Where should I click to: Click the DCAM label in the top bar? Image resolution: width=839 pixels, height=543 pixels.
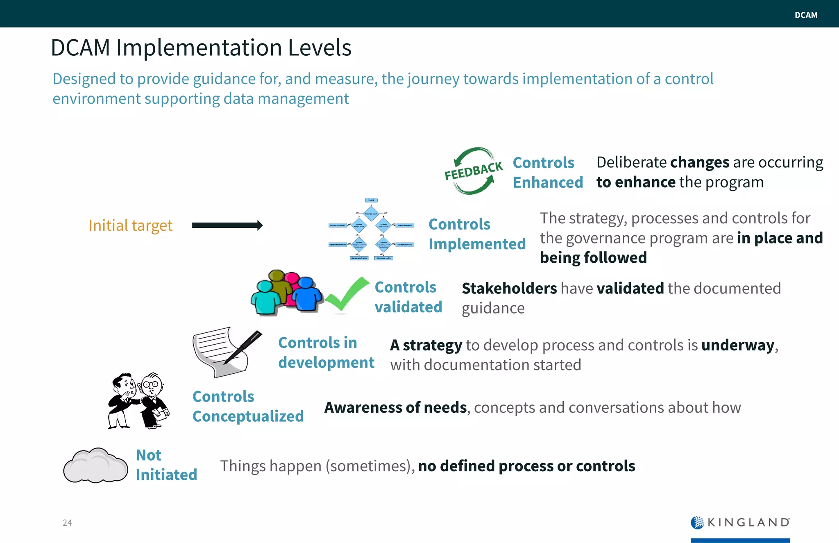805,15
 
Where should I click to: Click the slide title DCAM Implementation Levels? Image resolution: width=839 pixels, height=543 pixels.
201,48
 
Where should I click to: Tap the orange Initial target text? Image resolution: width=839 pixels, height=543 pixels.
130,225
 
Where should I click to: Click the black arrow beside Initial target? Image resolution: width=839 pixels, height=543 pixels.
227,225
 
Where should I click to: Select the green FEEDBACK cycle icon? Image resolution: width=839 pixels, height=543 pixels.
474,171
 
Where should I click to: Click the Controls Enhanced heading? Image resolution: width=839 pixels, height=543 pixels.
547,173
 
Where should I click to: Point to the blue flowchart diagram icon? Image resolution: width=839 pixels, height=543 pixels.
371,230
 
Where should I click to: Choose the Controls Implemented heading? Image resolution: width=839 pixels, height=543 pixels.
477,234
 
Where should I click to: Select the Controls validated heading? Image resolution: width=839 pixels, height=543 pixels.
408,297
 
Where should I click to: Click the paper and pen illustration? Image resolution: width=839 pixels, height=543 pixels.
226,352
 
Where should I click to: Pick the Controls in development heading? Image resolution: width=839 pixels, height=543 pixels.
326,352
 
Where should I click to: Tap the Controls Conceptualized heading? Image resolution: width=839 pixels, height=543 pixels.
248,406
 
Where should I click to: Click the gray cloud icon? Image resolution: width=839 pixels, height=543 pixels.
95,466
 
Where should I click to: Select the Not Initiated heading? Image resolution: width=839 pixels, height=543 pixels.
166,465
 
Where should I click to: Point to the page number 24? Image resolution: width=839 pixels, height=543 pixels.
67,523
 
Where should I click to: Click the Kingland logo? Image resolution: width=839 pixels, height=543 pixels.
740,523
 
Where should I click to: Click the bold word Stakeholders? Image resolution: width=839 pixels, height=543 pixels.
509,289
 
